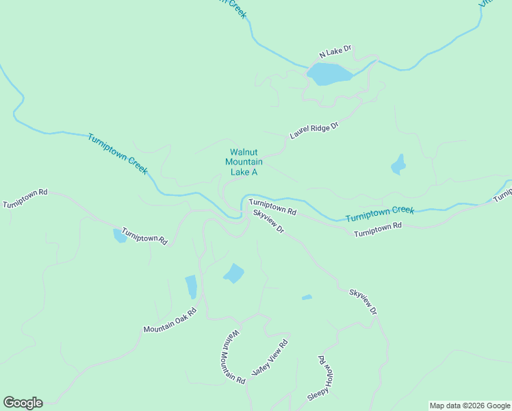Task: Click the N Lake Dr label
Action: [x=335, y=51]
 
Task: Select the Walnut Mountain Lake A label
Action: [x=244, y=162]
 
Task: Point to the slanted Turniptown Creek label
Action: [x=117, y=153]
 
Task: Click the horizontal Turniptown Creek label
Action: [x=380, y=214]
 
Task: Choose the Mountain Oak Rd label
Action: [x=170, y=320]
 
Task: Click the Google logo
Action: [x=23, y=403]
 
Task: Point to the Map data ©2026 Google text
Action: [x=470, y=406]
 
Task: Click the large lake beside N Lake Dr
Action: [x=329, y=73]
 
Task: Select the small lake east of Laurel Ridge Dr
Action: [x=398, y=165]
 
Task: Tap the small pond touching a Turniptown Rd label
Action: [x=119, y=236]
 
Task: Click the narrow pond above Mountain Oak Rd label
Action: [x=191, y=286]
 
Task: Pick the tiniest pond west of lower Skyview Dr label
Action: [x=307, y=297]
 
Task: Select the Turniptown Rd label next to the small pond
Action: [x=144, y=236]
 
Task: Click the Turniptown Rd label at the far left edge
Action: [x=25, y=198]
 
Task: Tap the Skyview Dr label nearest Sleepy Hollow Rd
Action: [x=363, y=301]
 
